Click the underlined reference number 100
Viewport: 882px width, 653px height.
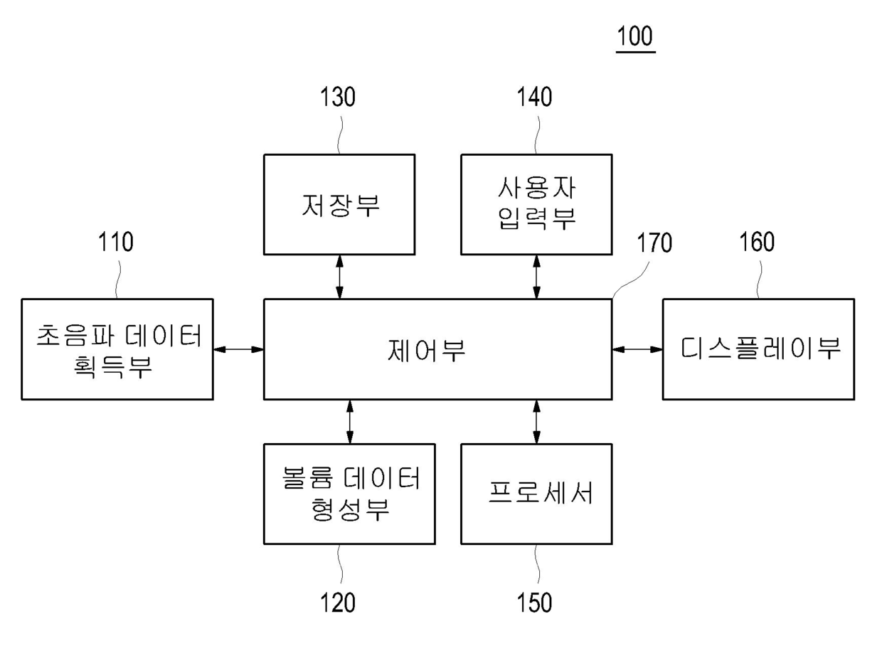pos(635,36)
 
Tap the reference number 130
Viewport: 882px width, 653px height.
pos(338,97)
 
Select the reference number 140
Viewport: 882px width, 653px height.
pos(534,97)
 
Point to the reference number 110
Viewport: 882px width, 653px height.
pos(116,242)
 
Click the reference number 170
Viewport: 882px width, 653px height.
pos(654,243)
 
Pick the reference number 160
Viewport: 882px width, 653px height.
pos(757,242)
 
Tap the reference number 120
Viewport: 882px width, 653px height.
pos(338,602)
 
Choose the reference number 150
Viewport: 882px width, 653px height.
pos(534,602)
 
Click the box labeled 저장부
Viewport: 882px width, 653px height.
pos(339,204)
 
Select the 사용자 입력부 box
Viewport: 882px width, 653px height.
pos(536,204)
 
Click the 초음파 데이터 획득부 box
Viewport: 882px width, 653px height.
pos(117,349)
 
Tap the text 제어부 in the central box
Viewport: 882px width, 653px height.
pos(426,350)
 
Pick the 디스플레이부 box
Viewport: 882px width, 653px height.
pos(758,349)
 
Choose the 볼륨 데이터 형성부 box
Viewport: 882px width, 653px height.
pos(349,494)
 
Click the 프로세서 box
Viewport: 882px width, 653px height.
pos(536,494)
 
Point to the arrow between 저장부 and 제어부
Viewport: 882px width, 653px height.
pos(339,277)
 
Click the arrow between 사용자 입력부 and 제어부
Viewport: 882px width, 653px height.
pos(536,277)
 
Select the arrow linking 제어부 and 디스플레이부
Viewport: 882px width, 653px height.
pos(637,349)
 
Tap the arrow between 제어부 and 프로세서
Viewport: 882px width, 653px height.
pos(536,422)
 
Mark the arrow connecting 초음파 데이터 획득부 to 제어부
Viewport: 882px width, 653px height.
pos(238,349)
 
